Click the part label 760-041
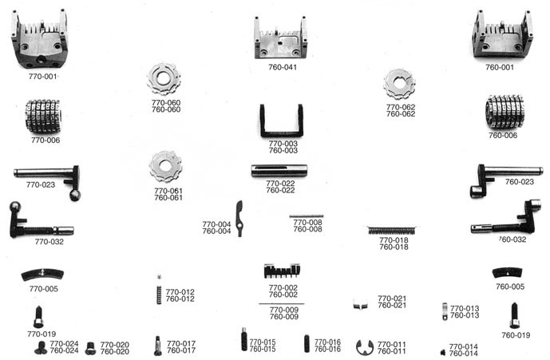[283, 67]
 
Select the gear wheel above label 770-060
[164, 79]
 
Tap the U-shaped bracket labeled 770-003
[281, 121]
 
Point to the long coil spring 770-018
[391, 231]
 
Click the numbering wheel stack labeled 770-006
[43, 117]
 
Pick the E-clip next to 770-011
[365, 347]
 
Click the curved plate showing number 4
[42, 274]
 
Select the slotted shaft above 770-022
[279, 171]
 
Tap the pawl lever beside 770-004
[239, 218]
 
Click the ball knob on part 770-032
[15, 207]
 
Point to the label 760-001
[500, 67]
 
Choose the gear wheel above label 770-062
[399, 84]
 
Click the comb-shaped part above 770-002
[282, 271]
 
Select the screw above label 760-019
[514, 315]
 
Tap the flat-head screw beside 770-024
[41, 348]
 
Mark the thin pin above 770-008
[307, 216]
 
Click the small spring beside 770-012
[159, 295]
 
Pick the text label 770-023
[41, 184]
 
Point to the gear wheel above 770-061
[165, 167]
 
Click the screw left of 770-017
[158, 346]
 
